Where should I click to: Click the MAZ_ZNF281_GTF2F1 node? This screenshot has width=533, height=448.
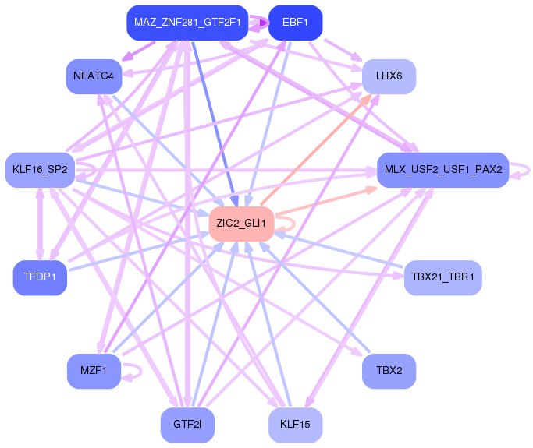187,23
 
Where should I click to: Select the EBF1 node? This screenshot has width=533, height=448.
296,23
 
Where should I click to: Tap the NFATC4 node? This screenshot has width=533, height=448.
94,76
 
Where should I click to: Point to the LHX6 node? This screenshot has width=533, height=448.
389,76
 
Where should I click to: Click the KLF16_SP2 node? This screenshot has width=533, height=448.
40,170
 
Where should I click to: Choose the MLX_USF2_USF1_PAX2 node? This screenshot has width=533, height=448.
443,170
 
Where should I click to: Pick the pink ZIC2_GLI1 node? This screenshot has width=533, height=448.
241,224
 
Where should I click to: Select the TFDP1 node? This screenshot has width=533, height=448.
40,277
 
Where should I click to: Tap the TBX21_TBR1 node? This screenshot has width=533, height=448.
443,277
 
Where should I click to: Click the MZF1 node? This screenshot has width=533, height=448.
94,371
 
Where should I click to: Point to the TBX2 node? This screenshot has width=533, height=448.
389,371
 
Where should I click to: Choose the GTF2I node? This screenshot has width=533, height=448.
187,425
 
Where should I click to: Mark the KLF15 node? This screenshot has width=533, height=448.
296,425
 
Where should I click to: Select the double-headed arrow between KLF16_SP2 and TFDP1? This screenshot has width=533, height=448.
40,224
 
